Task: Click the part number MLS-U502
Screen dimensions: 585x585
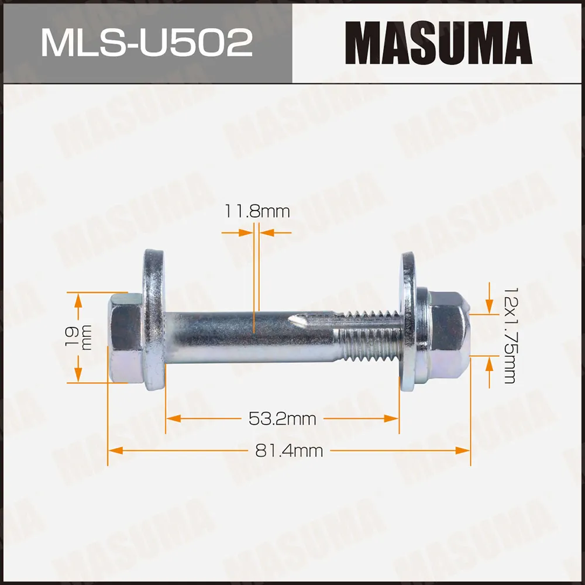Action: coord(146,43)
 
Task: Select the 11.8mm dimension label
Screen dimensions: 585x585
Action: coord(257,212)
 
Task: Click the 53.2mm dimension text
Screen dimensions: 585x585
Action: coord(283,419)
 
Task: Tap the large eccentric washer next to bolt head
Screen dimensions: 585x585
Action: coord(154,321)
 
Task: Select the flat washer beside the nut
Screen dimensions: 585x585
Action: coord(408,322)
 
